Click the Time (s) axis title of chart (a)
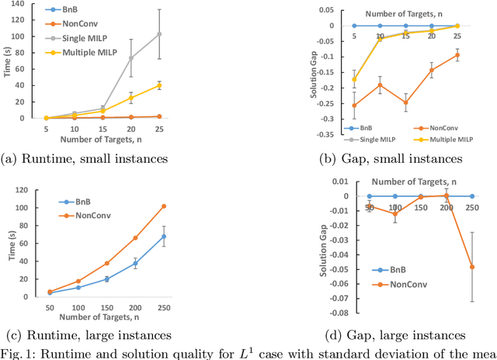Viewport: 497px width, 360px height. point(10,61)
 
